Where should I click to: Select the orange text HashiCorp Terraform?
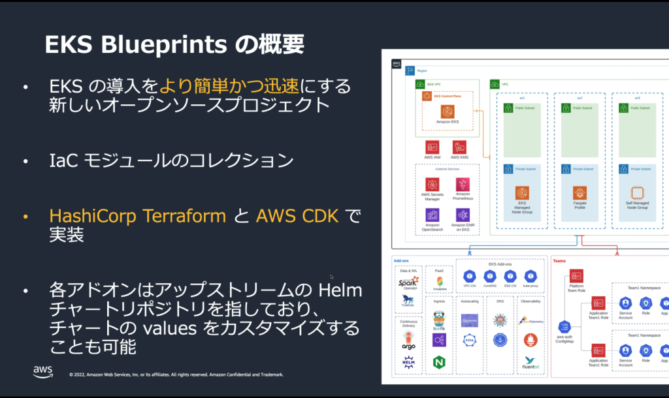(138, 216)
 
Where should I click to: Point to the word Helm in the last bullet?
(340, 289)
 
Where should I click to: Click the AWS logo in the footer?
(43, 372)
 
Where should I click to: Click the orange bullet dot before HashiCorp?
(25, 216)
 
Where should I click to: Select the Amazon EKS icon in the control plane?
(447, 112)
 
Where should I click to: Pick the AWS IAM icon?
(432, 147)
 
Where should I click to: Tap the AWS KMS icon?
(459, 147)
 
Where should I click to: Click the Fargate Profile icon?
(579, 192)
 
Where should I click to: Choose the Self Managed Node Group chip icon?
(637, 192)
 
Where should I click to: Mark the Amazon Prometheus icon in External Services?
(463, 184)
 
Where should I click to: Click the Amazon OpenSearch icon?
(432, 215)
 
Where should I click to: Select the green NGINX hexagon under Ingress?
(439, 361)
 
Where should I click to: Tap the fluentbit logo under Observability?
(530, 363)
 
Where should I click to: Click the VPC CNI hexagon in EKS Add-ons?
(468, 276)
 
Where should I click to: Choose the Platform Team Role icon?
(576, 275)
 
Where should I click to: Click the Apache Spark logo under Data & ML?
(409, 283)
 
